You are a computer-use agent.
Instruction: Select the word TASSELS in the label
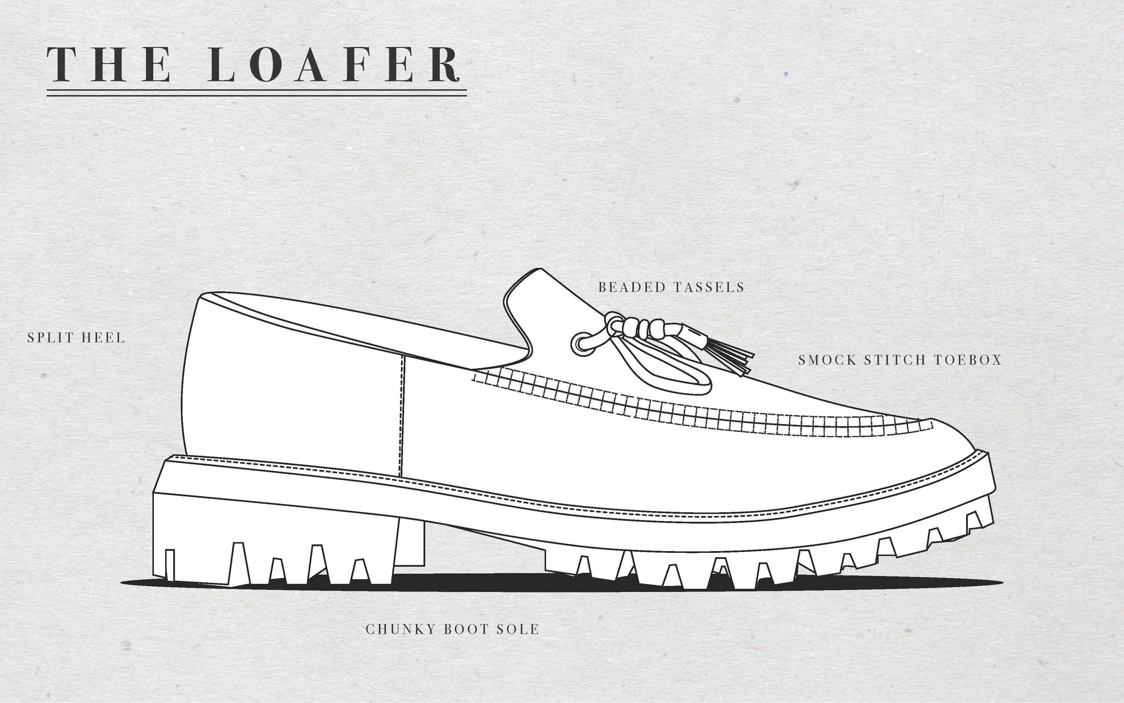pyautogui.click(x=708, y=287)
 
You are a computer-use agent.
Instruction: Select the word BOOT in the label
pyautogui.click(x=466, y=629)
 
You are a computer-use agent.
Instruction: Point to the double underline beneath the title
pyautogui.click(x=256, y=94)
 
